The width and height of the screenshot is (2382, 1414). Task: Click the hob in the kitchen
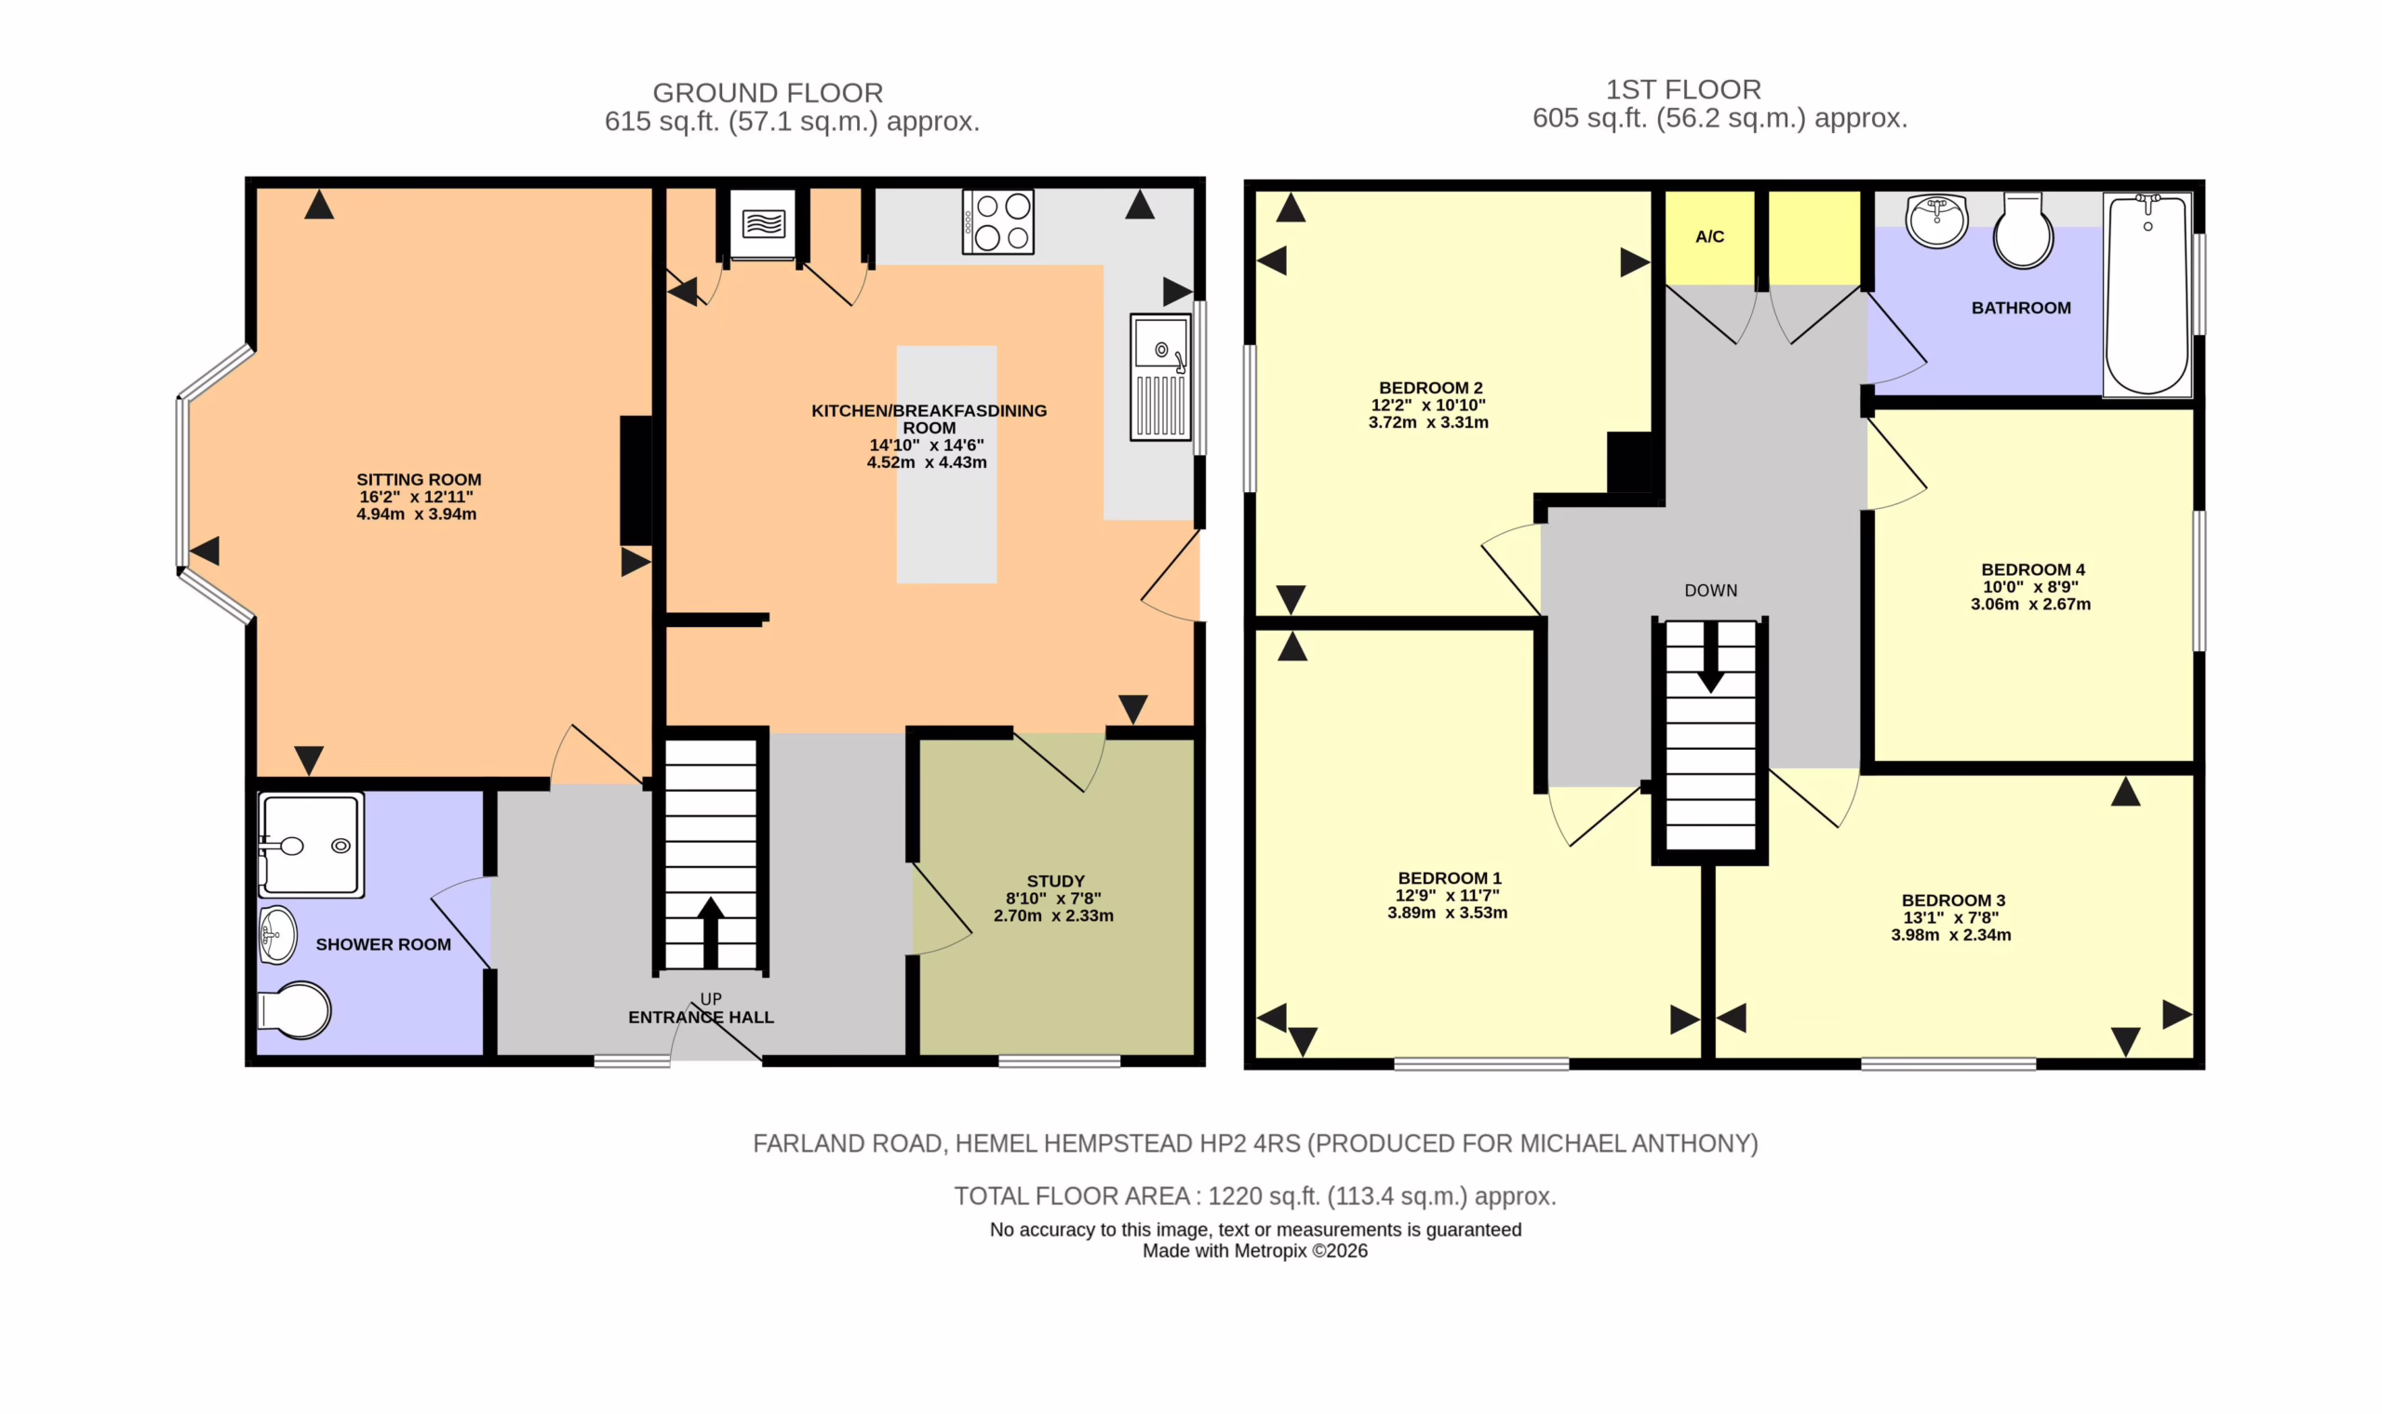click(997, 221)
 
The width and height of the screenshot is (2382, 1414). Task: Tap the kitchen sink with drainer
click(1160, 378)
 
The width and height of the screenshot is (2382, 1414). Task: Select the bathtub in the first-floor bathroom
click(2148, 294)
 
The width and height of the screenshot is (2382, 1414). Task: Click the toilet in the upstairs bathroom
click(2023, 231)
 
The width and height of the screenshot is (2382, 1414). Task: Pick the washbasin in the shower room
click(277, 935)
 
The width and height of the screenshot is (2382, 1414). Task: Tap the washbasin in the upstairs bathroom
click(1936, 220)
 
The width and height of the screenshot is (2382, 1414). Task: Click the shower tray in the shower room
click(311, 846)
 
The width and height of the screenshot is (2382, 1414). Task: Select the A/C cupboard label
click(1709, 236)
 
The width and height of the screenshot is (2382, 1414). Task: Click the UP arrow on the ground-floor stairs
click(710, 932)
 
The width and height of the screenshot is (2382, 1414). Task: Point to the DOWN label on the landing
click(1710, 591)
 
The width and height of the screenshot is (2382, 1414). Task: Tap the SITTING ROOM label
click(419, 479)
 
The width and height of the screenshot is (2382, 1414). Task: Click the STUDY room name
click(1056, 881)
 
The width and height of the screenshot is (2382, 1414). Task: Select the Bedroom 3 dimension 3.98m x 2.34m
click(1950, 935)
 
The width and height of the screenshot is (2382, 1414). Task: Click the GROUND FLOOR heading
click(768, 92)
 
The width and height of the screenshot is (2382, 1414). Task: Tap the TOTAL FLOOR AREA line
click(1255, 1195)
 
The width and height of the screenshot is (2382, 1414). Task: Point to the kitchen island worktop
click(946, 464)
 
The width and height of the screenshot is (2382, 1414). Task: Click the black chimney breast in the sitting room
click(636, 480)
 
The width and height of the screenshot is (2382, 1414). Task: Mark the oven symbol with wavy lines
click(762, 224)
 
